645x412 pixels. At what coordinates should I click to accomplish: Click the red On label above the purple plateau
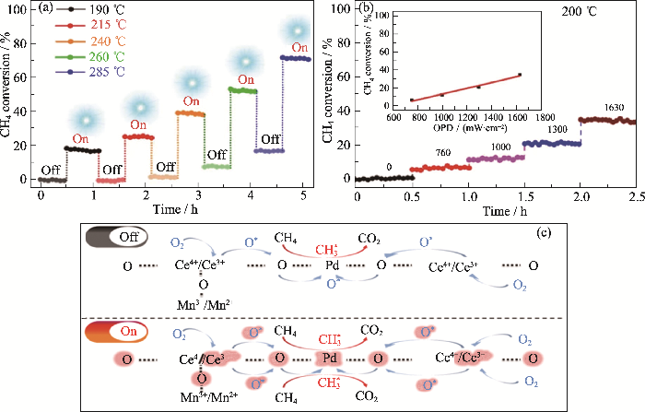(299, 47)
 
